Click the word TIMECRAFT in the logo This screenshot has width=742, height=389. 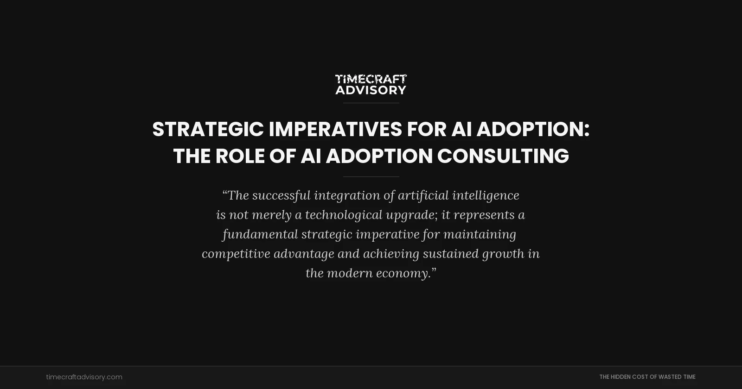371,79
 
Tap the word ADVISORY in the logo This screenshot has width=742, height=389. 371,90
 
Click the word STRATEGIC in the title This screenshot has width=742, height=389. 208,129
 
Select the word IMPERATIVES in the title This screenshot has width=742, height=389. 335,129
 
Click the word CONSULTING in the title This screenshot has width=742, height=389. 503,156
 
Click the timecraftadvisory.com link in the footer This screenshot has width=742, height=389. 84,377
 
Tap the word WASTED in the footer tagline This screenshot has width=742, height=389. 670,377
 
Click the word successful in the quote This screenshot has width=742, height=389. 281,195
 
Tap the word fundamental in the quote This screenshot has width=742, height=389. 260,234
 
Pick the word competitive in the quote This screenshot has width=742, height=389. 236,254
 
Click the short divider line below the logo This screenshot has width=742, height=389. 371,103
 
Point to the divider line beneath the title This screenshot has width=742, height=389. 371,176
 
